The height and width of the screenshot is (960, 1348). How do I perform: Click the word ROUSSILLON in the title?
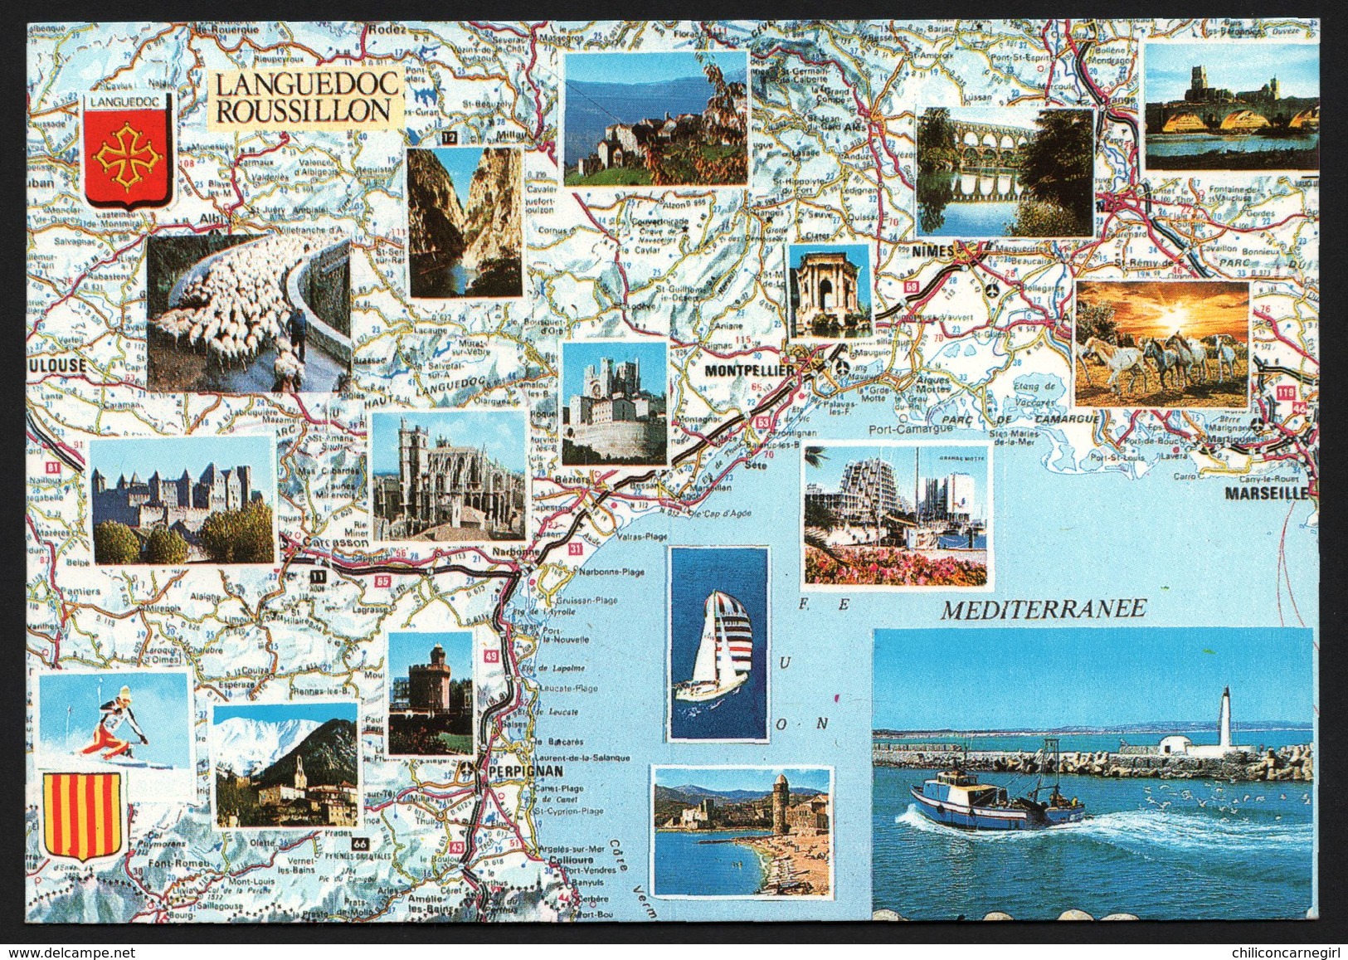(303, 110)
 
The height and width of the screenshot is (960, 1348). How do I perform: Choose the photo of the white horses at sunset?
(1161, 343)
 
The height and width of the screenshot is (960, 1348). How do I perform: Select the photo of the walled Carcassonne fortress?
(182, 499)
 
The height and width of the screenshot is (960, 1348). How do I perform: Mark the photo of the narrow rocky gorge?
(465, 222)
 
